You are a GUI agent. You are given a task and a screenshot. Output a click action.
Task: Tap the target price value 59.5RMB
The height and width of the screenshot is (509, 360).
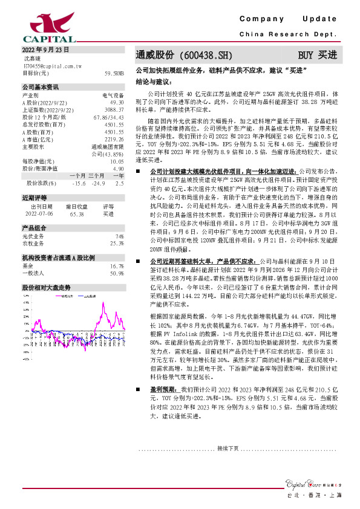114,73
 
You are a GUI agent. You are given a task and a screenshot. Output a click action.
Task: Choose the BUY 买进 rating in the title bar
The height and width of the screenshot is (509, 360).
318,55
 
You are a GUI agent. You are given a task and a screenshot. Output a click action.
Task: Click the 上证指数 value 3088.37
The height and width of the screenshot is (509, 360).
114,110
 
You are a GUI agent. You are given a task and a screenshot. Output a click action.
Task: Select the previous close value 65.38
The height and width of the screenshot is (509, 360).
77,213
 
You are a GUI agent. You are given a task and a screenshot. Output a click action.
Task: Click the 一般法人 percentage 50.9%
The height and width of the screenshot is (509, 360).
117,274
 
